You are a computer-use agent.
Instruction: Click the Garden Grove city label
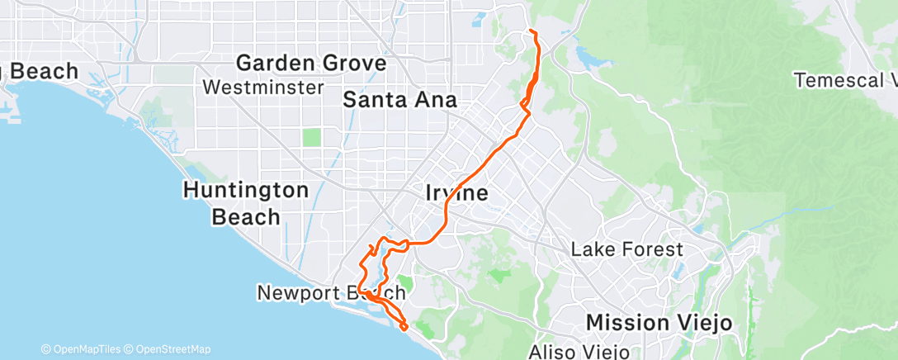[x=311, y=63]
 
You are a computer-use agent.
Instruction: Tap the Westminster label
[x=262, y=87]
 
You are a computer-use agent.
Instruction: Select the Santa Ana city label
[x=399, y=101]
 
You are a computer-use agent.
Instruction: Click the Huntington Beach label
[x=245, y=203]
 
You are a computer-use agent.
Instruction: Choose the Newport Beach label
[x=331, y=293]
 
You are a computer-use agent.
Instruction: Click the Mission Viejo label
[x=659, y=322]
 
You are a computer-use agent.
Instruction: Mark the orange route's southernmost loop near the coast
[x=404, y=327]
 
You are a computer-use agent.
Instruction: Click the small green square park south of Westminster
[x=311, y=137]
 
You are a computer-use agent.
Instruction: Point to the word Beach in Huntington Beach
[x=245, y=217]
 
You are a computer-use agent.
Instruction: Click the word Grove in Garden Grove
[x=354, y=63]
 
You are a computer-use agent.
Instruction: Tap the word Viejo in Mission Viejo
[x=701, y=322]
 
